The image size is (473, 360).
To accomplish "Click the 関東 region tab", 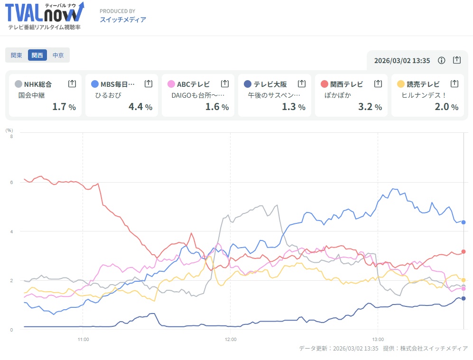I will pos(17,55).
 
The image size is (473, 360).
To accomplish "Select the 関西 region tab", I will pos(37,55).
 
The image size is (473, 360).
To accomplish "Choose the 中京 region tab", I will pos(58,55).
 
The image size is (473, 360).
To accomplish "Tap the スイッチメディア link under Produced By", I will pos(123,19).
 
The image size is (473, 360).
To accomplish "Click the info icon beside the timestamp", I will pos(442,60).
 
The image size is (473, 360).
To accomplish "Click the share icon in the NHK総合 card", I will pos(72,83).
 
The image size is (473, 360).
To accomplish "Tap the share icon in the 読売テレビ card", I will pos(454,83).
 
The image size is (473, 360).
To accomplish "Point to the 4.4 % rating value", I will pos(140,107).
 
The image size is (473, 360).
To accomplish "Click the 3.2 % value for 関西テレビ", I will pos(370,107).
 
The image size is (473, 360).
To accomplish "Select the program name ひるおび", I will pos(108,95).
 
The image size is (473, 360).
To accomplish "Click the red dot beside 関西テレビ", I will pos(325,84).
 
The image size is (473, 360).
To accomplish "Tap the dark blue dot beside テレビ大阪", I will pos(248,84).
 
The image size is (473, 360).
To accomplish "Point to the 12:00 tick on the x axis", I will pos(231,340).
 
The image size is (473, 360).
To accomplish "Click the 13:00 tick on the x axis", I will pos(378,340).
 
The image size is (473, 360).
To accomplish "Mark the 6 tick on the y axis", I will pos(11,182).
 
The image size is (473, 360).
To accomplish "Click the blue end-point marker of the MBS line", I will pos(464,222).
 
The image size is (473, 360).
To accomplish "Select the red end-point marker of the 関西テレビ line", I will pos(464,251).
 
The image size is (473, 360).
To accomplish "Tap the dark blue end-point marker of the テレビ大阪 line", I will pos(464,298).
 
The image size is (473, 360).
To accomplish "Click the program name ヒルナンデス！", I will pos(424,95).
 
